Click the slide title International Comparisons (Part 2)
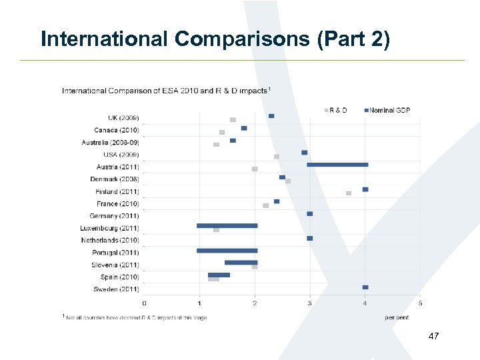[x=215, y=39]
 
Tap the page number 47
[x=433, y=337]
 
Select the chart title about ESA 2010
[x=166, y=90]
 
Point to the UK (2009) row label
[x=123, y=118]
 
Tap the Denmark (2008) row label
[x=115, y=179]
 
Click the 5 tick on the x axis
[x=420, y=303]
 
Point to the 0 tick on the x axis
[x=145, y=303]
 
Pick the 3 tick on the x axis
[x=309, y=303]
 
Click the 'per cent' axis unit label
[x=397, y=317]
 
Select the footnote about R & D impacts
[x=135, y=317]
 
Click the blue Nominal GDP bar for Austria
[x=337, y=164]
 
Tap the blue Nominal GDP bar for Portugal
[x=227, y=251]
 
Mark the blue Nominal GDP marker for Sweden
[x=365, y=287]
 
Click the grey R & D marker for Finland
[x=349, y=193]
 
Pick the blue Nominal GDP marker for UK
[x=271, y=116]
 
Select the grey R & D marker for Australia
[x=216, y=144]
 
